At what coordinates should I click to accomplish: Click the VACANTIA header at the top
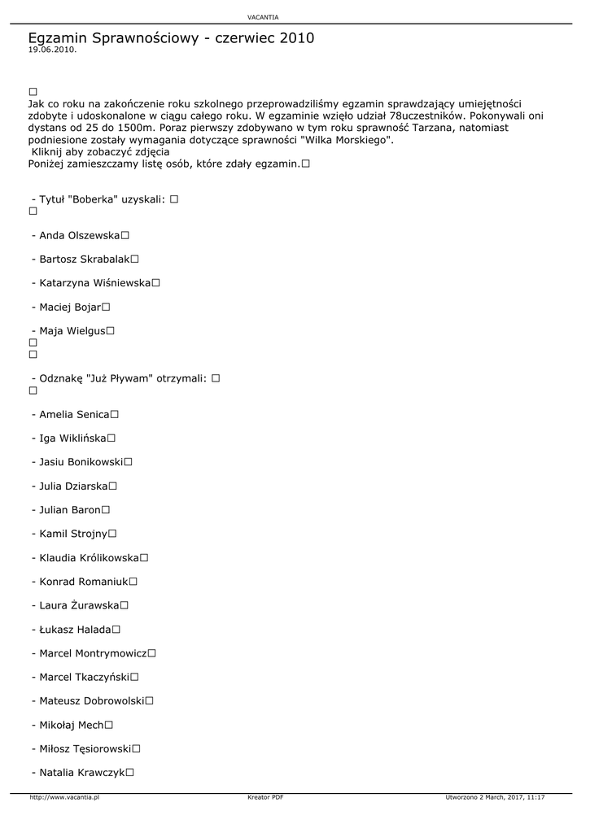click(x=262, y=17)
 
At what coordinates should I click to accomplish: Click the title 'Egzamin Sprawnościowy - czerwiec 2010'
click(x=171, y=38)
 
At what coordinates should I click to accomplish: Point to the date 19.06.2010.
click(x=52, y=50)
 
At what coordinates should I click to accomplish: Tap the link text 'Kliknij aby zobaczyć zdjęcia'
click(x=100, y=151)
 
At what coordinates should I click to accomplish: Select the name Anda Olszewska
click(x=79, y=236)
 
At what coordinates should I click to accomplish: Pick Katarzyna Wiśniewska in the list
click(x=94, y=283)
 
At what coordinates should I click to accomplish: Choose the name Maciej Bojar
click(x=69, y=307)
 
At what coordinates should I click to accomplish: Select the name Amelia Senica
click(x=74, y=414)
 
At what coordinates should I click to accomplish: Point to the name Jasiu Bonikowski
click(x=81, y=462)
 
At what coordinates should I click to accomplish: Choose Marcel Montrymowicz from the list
click(x=93, y=653)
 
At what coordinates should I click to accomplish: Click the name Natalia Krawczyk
click(x=81, y=772)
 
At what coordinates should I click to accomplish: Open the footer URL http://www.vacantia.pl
click(x=64, y=798)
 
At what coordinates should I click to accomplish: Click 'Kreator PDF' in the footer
click(x=265, y=798)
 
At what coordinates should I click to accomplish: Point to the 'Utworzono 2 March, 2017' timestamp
click(x=495, y=798)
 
